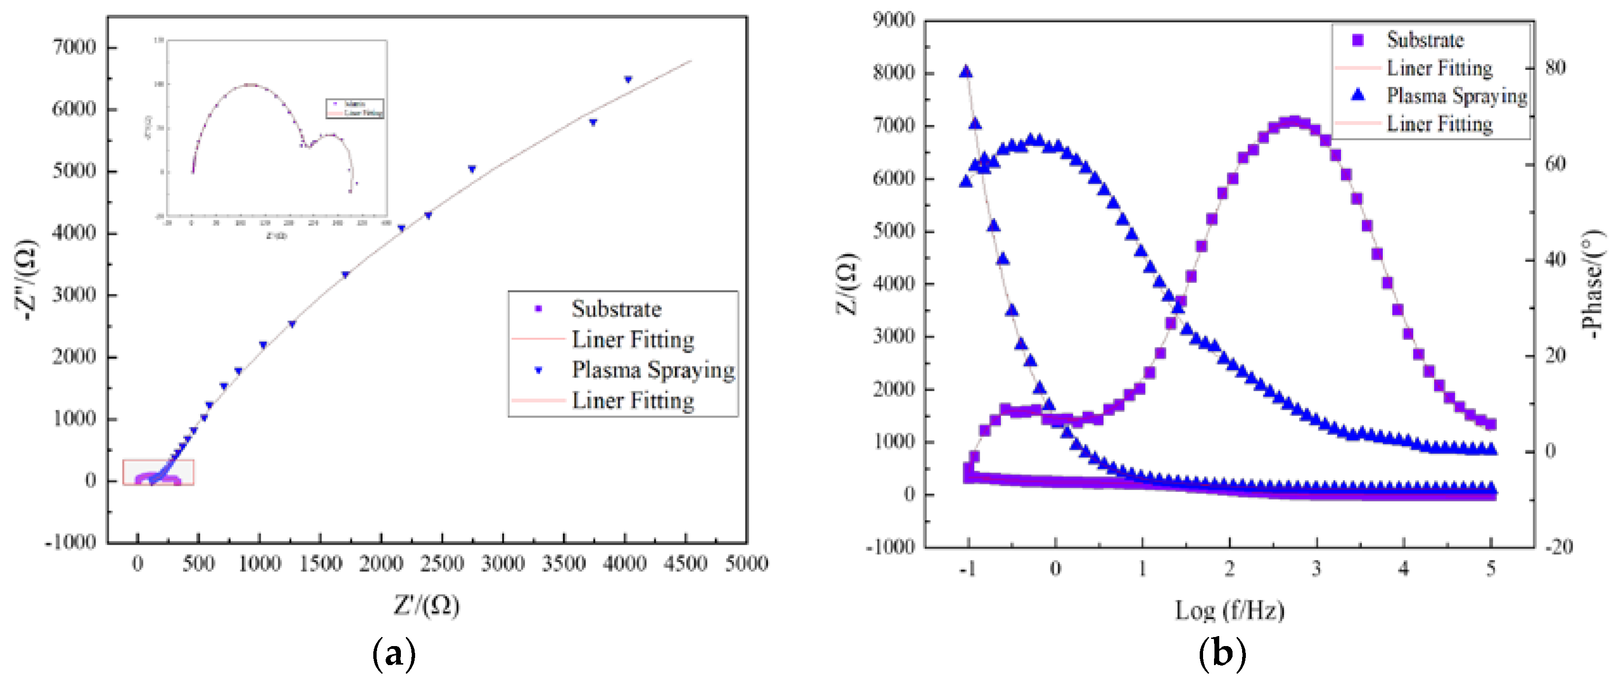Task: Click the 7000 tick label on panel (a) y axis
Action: [x=74, y=47]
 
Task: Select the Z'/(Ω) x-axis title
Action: [x=426, y=606]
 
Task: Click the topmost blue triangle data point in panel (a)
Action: [x=628, y=79]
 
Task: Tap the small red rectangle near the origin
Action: [x=158, y=472]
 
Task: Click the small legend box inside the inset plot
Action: [x=354, y=108]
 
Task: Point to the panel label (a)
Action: [x=394, y=655]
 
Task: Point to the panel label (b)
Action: [x=1222, y=655]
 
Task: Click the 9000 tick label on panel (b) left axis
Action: [x=894, y=20]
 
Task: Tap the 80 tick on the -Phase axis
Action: [x=1555, y=68]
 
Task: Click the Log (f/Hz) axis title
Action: [x=1229, y=610]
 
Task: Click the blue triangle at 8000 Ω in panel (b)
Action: [x=966, y=72]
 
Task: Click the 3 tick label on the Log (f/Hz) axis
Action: [x=1316, y=569]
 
